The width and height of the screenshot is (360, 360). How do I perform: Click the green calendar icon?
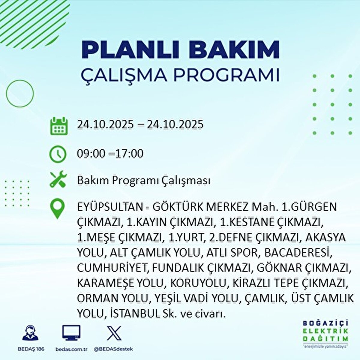[59, 126]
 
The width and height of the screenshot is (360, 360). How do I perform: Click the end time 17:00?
[129, 153]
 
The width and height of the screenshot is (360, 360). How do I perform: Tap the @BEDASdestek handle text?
[113, 349]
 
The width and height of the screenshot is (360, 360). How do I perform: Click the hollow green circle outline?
[19, 80]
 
